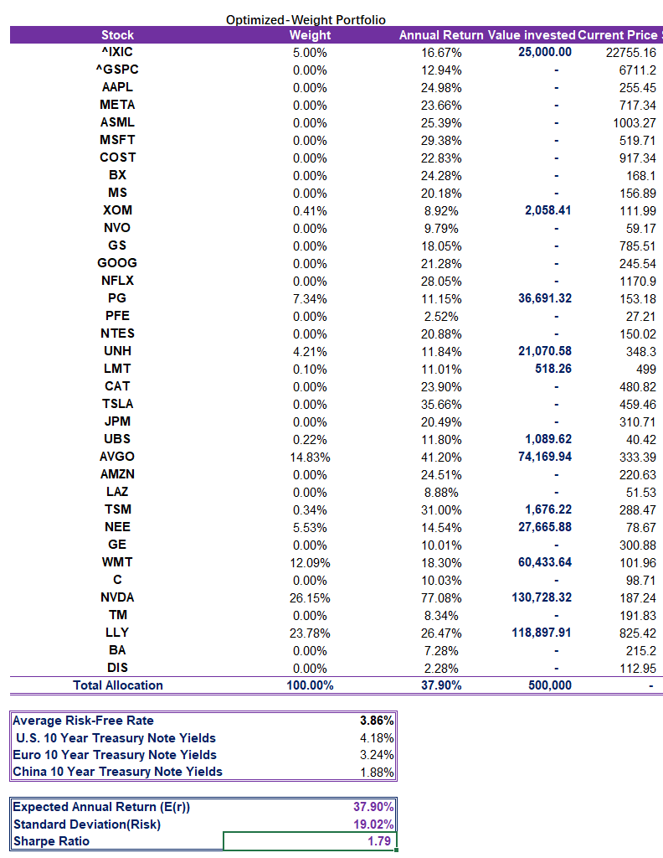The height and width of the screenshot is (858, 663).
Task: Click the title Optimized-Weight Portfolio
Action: pyautogui.click(x=306, y=20)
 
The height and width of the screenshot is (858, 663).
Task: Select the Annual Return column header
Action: pyautogui.click(x=441, y=35)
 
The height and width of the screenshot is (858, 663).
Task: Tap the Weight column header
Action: pyautogui.click(x=310, y=35)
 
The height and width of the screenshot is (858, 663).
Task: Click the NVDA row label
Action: pyautogui.click(x=117, y=597)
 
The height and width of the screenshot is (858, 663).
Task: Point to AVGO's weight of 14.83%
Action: pyautogui.click(x=310, y=457)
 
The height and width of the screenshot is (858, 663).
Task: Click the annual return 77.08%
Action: pyautogui.click(x=441, y=597)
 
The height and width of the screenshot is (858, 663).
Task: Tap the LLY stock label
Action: pyautogui.click(x=117, y=633)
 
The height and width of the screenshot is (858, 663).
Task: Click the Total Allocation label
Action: pyautogui.click(x=117, y=685)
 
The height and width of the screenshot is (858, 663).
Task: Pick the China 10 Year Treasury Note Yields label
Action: pyautogui.click(x=118, y=772)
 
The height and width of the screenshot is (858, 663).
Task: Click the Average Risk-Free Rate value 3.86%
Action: pyautogui.click(x=377, y=721)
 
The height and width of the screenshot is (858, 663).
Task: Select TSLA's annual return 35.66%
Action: pyautogui.click(x=441, y=404)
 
